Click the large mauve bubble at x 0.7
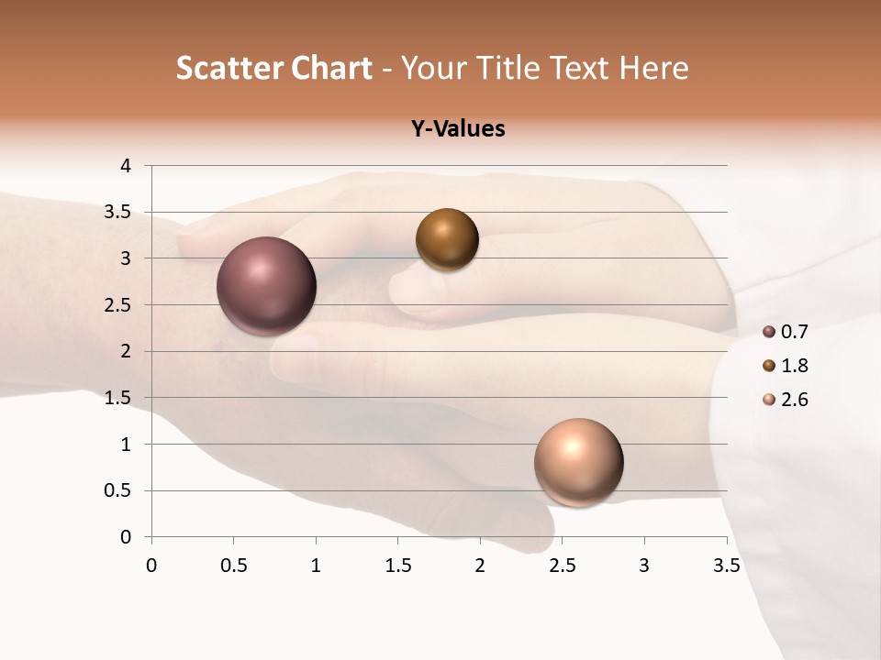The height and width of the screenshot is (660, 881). pyautogui.click(x=267, y=286)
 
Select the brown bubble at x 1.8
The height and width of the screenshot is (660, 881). pyautogui.click(x=447, y=239)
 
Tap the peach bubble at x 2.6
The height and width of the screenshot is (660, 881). pyautogui.click(x=578, y=462)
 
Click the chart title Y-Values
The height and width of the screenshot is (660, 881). pyautogui.click(x=458, y=129)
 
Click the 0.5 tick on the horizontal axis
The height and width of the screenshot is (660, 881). pyautogui.click(x=233, y=566)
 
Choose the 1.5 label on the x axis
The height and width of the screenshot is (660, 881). pyautogui.click(x=397, y=566)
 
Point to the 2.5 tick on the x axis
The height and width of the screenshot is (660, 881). pyautogui.click(x=562, y=566)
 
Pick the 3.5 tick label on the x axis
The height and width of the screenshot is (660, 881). pyautogui.click(x=726, y=566)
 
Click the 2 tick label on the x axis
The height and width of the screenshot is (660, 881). pyautogui.click(x=480, y=566)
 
